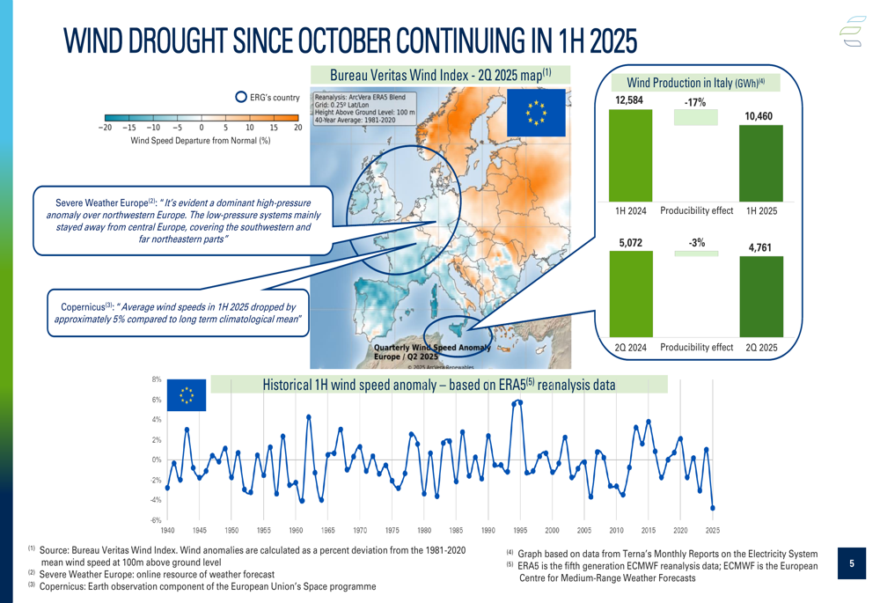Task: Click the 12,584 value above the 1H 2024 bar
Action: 629,100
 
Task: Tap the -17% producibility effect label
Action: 695,103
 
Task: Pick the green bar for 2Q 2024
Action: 630,293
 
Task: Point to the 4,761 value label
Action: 759,248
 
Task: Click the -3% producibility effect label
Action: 696,242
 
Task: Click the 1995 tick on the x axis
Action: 520,531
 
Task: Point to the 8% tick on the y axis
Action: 156,380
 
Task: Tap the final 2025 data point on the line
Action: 713,508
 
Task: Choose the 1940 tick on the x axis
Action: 167,531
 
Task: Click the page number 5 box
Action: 851,563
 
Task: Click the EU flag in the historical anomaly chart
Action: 186,395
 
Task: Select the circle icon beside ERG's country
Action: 241,98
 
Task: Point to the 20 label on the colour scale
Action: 297,128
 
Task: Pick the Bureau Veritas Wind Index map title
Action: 440,76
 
